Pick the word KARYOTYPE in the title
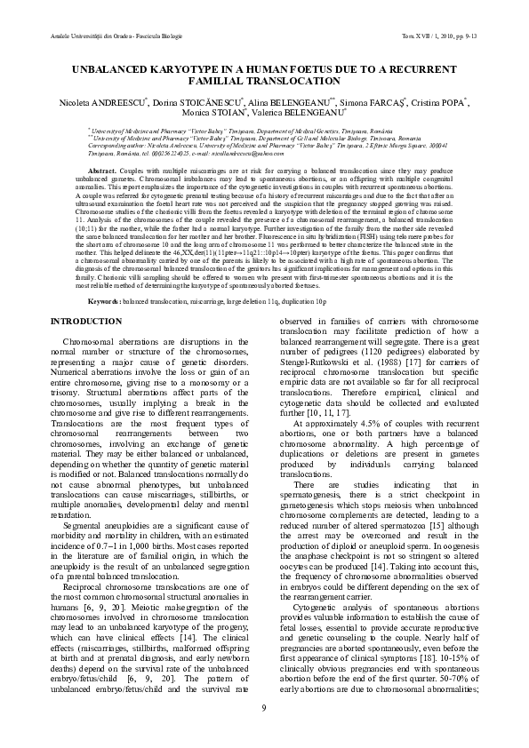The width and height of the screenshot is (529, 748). [205, 68]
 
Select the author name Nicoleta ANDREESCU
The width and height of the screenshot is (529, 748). [91, 103]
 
